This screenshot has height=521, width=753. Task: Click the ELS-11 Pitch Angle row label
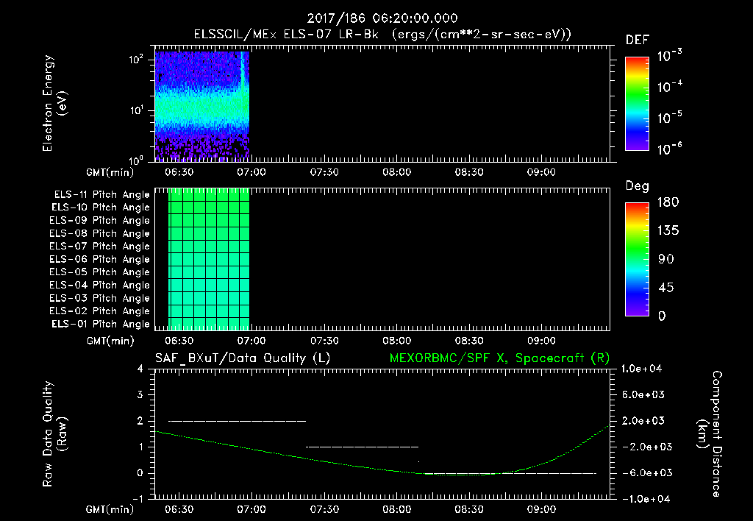pos(101,194)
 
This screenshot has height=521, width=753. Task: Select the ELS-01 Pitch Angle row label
pos(101,324)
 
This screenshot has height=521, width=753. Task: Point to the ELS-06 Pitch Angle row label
pos(101,259)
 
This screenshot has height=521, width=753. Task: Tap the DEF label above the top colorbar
pos(637,40)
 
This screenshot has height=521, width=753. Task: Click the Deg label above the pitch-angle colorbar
pos(637,186)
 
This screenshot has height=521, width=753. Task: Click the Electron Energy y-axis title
pos(54,103)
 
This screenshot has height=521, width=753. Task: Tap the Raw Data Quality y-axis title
pos(54,433)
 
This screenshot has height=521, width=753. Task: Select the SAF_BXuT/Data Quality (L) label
pos(242,358)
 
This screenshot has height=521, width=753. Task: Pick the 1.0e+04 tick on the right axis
pos(644,369)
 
